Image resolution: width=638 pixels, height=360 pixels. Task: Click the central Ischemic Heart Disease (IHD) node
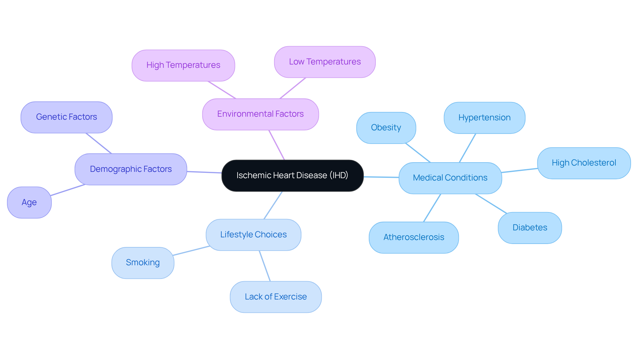292,176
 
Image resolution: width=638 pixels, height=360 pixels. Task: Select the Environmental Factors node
260,114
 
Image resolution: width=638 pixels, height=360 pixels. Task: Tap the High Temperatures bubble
183,65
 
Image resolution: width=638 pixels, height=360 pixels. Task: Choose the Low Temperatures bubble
325,62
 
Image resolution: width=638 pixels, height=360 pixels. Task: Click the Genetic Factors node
66,117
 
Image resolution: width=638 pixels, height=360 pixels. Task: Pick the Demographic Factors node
131,169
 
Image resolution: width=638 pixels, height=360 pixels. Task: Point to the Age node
29,202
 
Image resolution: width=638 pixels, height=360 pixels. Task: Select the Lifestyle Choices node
253,235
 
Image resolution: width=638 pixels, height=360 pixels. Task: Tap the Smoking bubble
143,263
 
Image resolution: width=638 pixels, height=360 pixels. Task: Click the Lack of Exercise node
275,297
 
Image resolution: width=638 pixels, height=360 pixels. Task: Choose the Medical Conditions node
450,178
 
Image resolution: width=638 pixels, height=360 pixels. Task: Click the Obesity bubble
386,128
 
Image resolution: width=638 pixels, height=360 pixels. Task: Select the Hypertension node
484,118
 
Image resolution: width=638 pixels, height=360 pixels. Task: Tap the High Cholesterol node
584,163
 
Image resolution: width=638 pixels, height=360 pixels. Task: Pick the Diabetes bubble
530,228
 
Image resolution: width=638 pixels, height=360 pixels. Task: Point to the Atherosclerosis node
414,237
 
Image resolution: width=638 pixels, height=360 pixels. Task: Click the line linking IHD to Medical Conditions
381,177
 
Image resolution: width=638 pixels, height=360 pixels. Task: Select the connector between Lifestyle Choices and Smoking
191,251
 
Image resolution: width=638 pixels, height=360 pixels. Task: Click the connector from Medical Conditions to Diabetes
491,204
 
